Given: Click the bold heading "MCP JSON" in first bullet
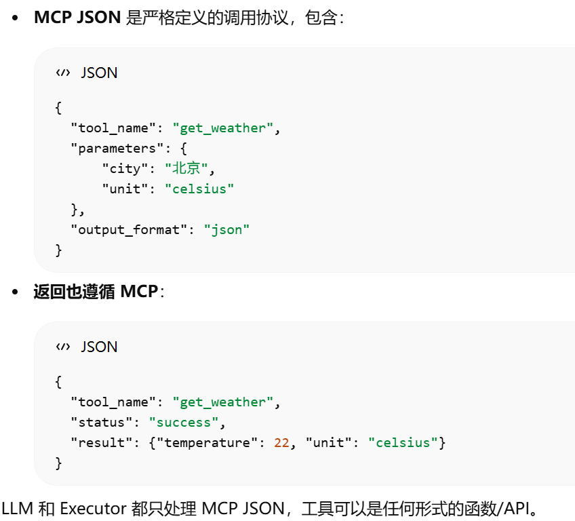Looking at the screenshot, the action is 78,18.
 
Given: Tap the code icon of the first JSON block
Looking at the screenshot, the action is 63,73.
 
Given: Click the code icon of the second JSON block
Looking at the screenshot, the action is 63,347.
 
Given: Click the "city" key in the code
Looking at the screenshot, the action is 125,169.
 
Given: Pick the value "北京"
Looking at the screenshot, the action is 187,169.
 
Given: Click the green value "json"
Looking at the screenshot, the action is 226,230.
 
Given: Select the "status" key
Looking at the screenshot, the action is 102,423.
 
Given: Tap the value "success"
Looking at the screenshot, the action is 184,423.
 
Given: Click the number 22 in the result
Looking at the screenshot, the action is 281,443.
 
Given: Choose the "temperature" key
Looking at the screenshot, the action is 207,443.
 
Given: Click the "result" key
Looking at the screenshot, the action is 102,443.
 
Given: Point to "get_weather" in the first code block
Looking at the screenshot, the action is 222,128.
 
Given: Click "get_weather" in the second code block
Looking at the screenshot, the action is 222,402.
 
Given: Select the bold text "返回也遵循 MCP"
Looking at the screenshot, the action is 96,292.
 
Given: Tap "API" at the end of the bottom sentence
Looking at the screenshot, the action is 515,507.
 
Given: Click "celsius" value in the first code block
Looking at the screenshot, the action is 199,189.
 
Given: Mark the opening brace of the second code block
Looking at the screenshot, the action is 58,382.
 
